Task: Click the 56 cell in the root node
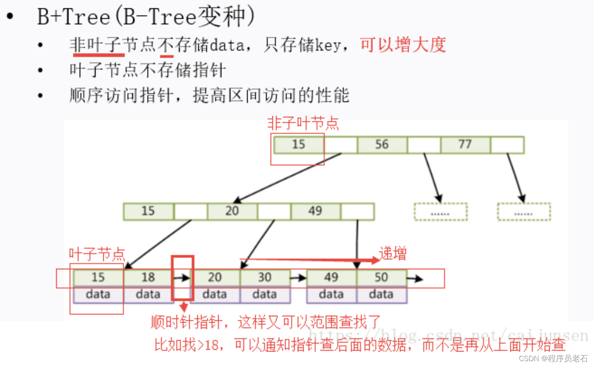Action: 382,145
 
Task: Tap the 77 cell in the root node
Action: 465,145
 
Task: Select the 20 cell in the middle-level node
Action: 232,211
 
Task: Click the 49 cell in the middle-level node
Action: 315,211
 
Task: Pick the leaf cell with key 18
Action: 148,277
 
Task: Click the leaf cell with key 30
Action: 264,277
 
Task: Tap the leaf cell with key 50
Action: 381,277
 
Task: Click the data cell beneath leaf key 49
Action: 331,294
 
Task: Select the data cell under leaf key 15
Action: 98,294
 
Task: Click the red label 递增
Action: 393,254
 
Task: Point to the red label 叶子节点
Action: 97,254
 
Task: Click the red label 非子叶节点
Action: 303,123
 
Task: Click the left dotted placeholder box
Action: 440,212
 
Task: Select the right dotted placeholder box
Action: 524,212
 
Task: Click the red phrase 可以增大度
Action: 403,45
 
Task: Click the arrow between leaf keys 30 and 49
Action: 298,278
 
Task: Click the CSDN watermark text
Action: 553,358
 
